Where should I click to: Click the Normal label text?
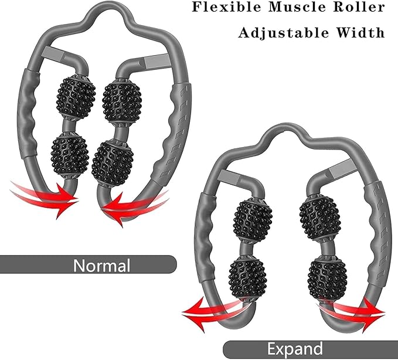pos(101,265)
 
